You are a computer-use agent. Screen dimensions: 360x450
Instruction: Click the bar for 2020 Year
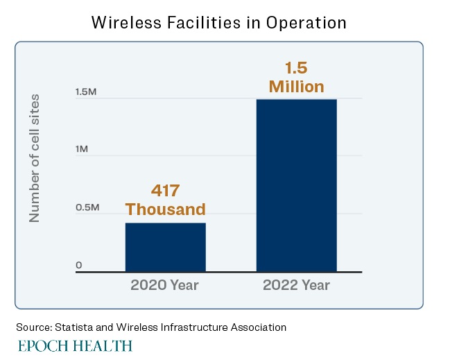coord(165,247)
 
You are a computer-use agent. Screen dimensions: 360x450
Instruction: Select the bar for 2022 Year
coord(296,185)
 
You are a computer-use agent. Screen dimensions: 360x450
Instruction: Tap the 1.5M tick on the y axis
coord(86,92)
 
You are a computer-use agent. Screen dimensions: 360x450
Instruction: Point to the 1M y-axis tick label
coord(82,150)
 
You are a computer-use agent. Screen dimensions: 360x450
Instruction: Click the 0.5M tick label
coord(87,207)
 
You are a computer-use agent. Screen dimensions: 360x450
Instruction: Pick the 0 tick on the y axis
coord(79,265)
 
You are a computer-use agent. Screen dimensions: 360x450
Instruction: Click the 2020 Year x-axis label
coord(165,285)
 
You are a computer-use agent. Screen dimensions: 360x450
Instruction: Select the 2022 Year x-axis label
coord(296,285)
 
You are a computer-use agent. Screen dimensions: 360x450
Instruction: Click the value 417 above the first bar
coord(165,191)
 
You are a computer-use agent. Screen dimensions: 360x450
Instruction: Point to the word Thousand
coord(165,209)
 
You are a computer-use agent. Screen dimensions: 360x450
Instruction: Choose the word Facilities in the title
coord(207,22)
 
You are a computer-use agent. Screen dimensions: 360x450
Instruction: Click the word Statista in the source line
coord(72,327)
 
